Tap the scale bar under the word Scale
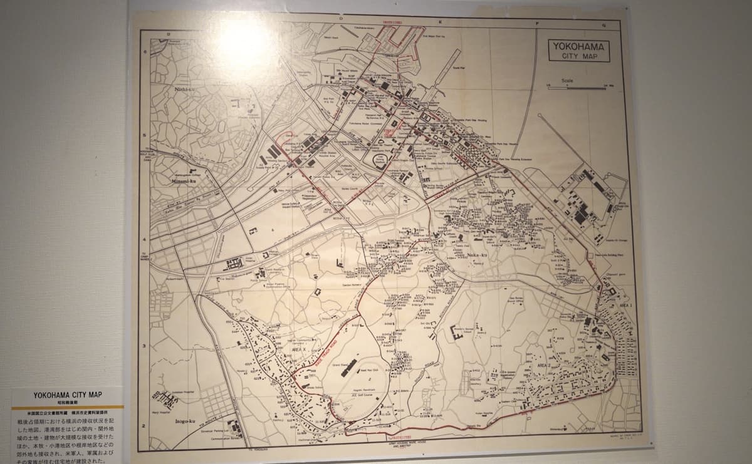[x=577, y=88]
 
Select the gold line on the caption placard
[x=68, y=406]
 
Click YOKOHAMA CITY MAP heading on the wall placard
[x=68, y=395]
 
